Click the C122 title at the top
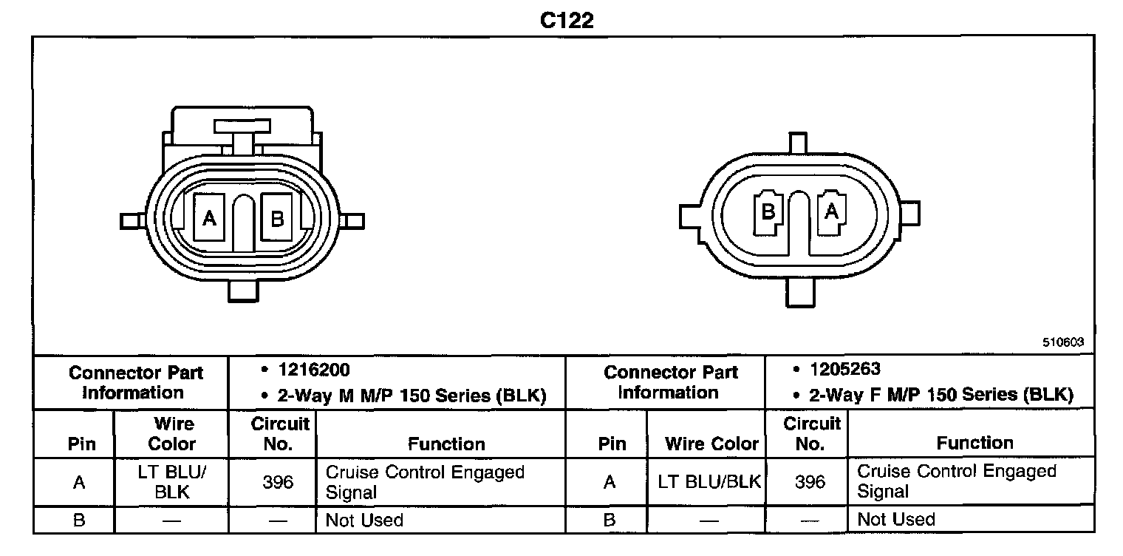(x=567, y=21)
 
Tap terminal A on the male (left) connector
(x=209, y=217)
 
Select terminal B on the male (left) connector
(x=277, y=217)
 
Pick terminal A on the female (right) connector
(x=831, y=211)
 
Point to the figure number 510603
(x=1063, y=342)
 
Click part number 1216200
(x=314, y=370)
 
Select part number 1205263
(x=845, y=369)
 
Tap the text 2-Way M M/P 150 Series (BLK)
(x=412, y=396)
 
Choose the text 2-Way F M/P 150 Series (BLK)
(x=941, y=395)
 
